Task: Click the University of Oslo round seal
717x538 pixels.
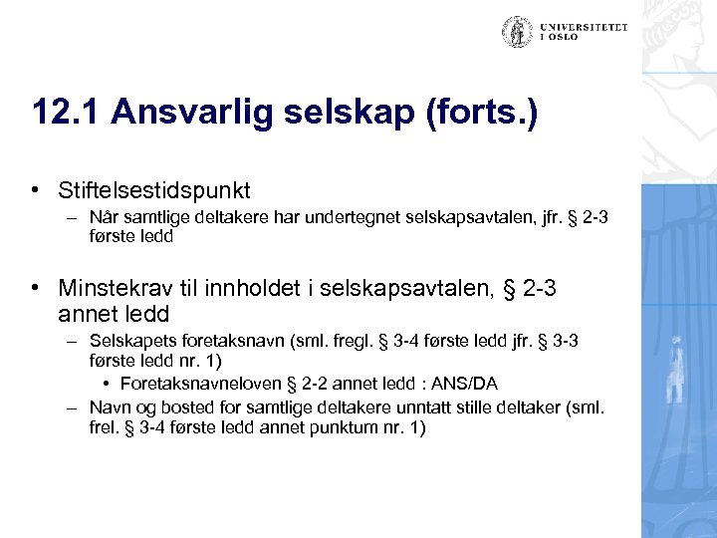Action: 515,32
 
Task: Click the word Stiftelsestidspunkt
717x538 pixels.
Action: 154,188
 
